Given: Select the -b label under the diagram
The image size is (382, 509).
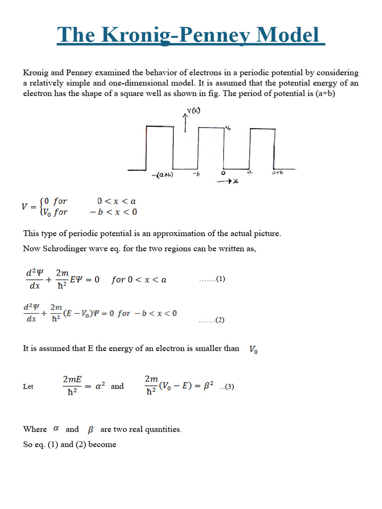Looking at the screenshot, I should point(196,173).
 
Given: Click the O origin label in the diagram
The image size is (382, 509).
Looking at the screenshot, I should point(223,173).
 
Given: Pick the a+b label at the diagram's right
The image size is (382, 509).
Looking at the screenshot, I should point(278,173).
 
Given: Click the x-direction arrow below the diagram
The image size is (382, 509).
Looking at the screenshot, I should point(228,181).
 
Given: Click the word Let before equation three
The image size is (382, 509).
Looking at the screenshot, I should point(28,387).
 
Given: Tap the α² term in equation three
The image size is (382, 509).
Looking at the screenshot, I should point(98,386).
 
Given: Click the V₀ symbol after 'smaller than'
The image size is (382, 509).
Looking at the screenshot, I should point(253,350).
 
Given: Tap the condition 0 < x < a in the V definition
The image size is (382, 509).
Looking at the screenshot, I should point(116,201).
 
